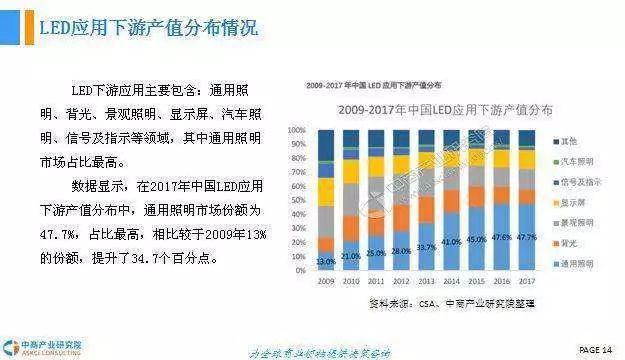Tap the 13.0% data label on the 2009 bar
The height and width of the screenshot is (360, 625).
coord(326,261)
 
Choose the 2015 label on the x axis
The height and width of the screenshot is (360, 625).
coord(477,282)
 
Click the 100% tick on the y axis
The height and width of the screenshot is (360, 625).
coord(297,130)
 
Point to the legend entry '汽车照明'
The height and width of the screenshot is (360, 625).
coord(576,161)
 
